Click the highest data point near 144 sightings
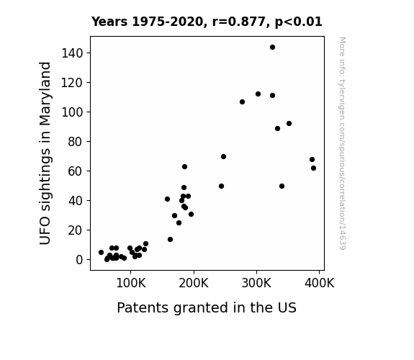click(x=272, y=48)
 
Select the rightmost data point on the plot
click(x=313, y=168)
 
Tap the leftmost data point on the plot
click(x=101, y=253)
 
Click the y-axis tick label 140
click(x=72, y=53)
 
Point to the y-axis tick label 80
click(x=76, y=142)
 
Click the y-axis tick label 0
click(x=79, y=260)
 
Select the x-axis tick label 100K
click(x=131, y=284)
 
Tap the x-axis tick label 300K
click(x=256, y=284)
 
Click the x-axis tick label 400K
click(x=320, y=284)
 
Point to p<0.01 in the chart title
click(x=299, y=22)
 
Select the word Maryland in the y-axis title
click(x=45, y=94)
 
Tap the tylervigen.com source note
click(x=342, y=143)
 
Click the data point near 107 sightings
click(x=242, y=102)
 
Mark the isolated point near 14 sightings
click(x=171, y=240)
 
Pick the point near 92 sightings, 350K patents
click(x=289, y=124)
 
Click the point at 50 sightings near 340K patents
click(x=282, y=186)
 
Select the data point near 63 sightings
click(x=184, y=167)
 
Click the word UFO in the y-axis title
click(x=45, y=231)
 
